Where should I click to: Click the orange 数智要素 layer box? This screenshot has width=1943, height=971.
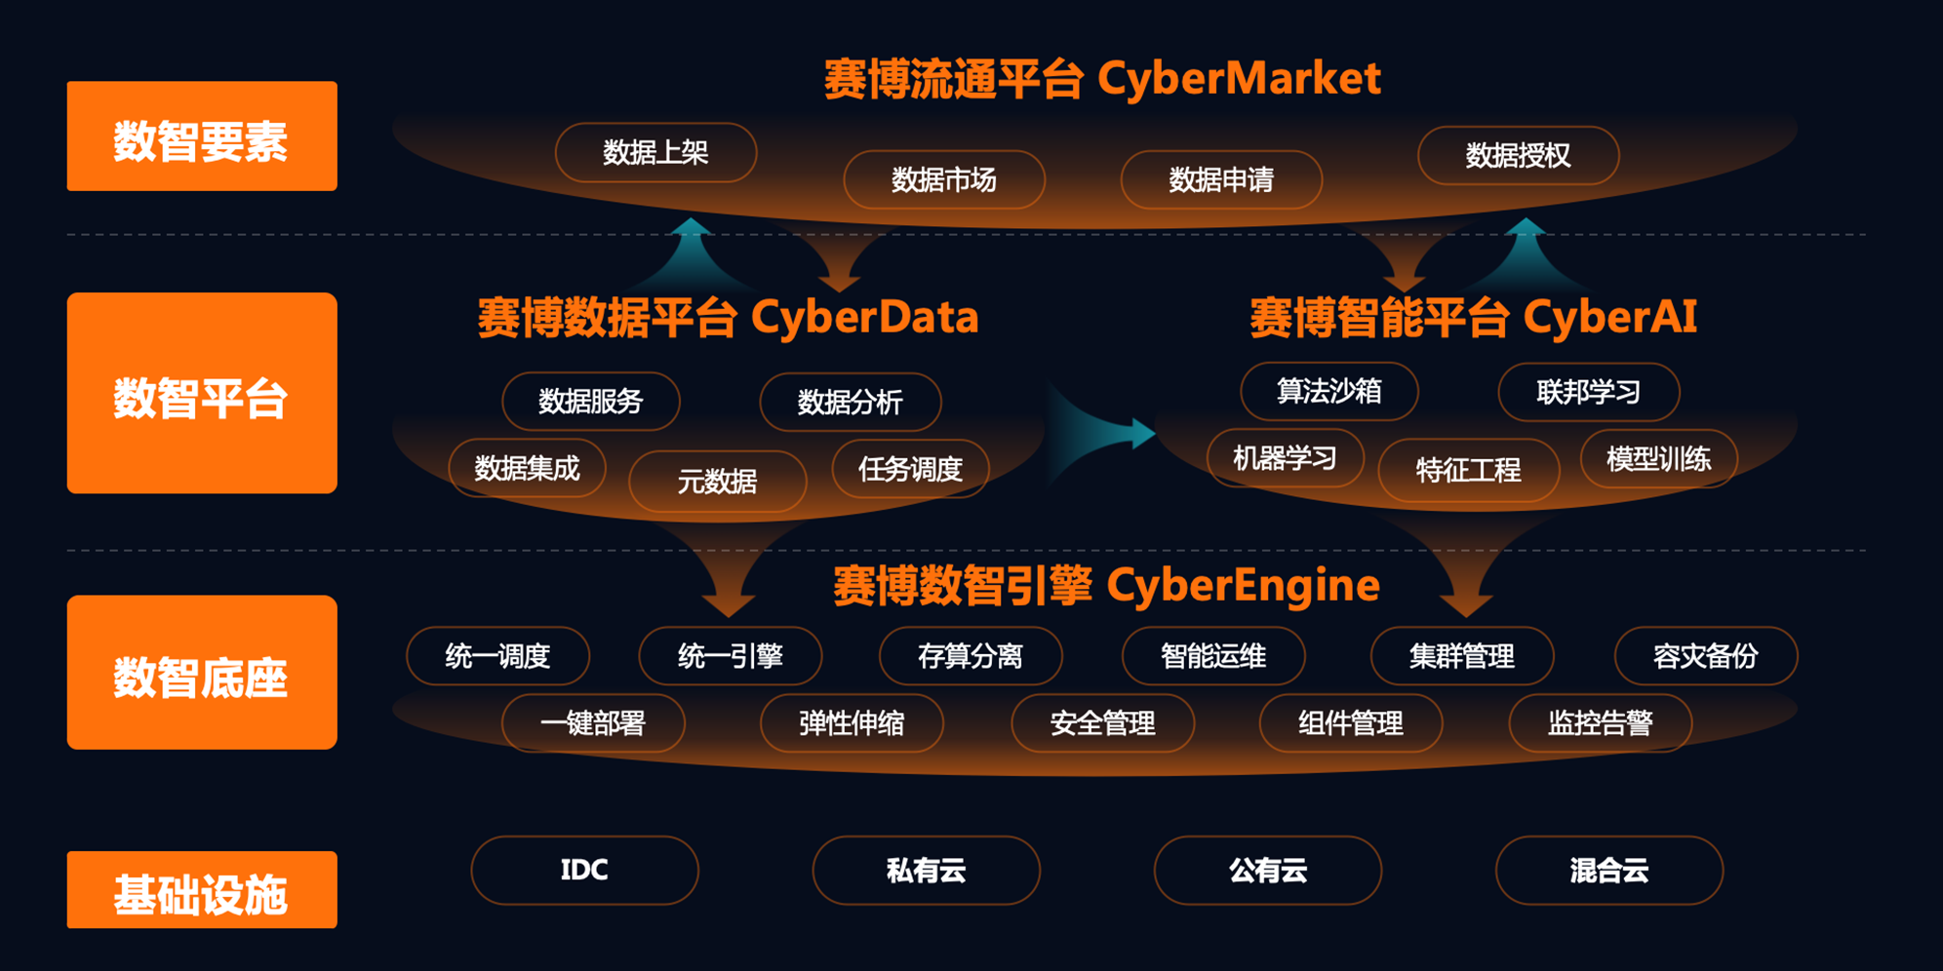click(202, 136)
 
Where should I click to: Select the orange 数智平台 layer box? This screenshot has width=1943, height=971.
click(202, 393)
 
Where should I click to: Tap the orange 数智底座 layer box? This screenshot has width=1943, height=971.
click(202, 673)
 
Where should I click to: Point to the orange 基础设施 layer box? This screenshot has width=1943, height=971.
click(202, 890)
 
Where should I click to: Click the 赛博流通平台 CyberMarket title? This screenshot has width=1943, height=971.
click(1102, 79)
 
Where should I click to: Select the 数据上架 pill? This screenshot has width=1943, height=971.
click(655, 152)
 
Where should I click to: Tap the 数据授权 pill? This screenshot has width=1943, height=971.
click(1518, 156)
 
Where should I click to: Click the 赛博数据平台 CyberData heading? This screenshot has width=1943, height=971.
click(728, 318)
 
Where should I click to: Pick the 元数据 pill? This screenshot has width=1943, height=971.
click(717, 481)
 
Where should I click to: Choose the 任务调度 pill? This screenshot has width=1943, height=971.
click(910, 469)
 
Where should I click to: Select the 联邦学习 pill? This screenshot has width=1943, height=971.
click(1588, 392)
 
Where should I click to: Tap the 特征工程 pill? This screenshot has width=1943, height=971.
click(1468, 471)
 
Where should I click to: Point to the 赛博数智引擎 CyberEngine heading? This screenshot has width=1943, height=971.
click(1106, 586)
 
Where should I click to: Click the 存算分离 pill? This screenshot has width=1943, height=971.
click(970, 656)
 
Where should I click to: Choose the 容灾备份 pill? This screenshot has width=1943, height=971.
click(1705, 656)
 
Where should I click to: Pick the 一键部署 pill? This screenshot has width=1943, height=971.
click(593, 723)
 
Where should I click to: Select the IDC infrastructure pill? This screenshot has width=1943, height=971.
click(584, 870)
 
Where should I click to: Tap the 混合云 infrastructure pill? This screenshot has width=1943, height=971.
click(1608, 870)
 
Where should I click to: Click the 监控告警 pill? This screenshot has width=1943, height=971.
click(1600, 723)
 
